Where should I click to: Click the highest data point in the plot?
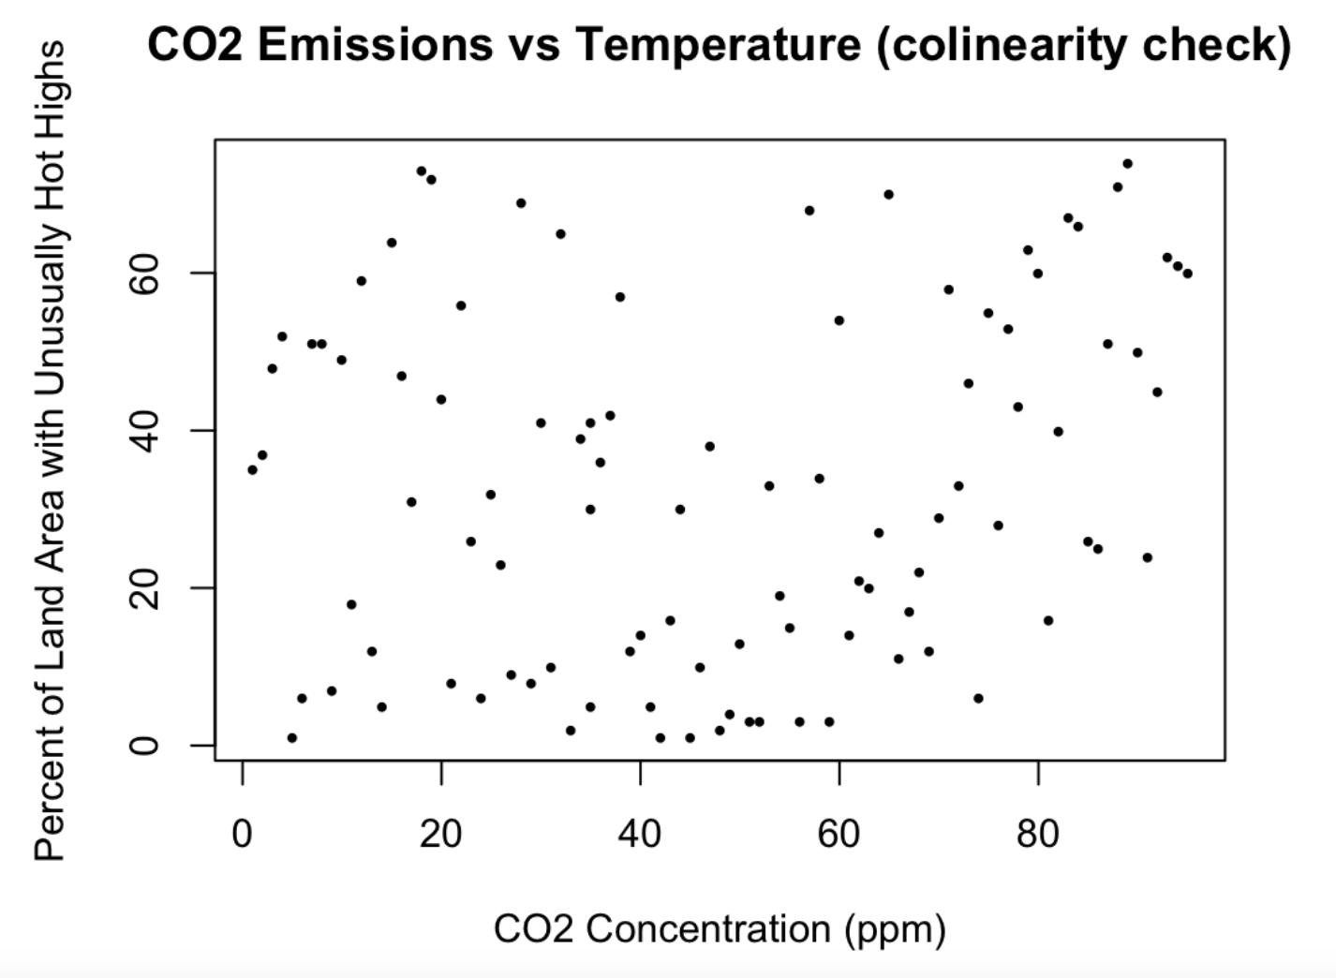(1127, 164)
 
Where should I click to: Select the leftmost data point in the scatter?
(252, 470)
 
